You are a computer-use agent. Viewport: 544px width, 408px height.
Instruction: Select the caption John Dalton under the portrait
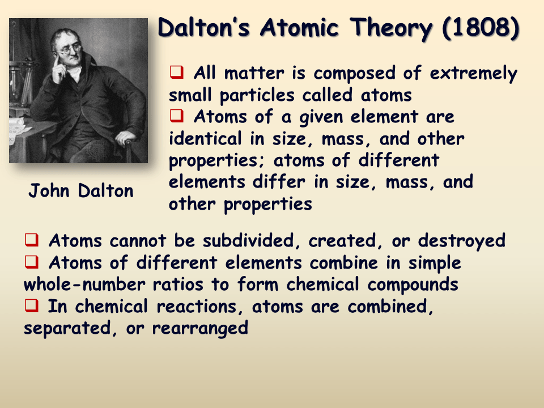tap(81, 191)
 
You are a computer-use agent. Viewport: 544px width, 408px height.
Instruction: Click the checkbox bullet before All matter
tap(176, 73)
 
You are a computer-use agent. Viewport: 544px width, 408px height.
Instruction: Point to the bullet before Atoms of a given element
tap(176, 116)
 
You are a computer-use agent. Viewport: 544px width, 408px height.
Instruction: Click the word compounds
tap(410, 284)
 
